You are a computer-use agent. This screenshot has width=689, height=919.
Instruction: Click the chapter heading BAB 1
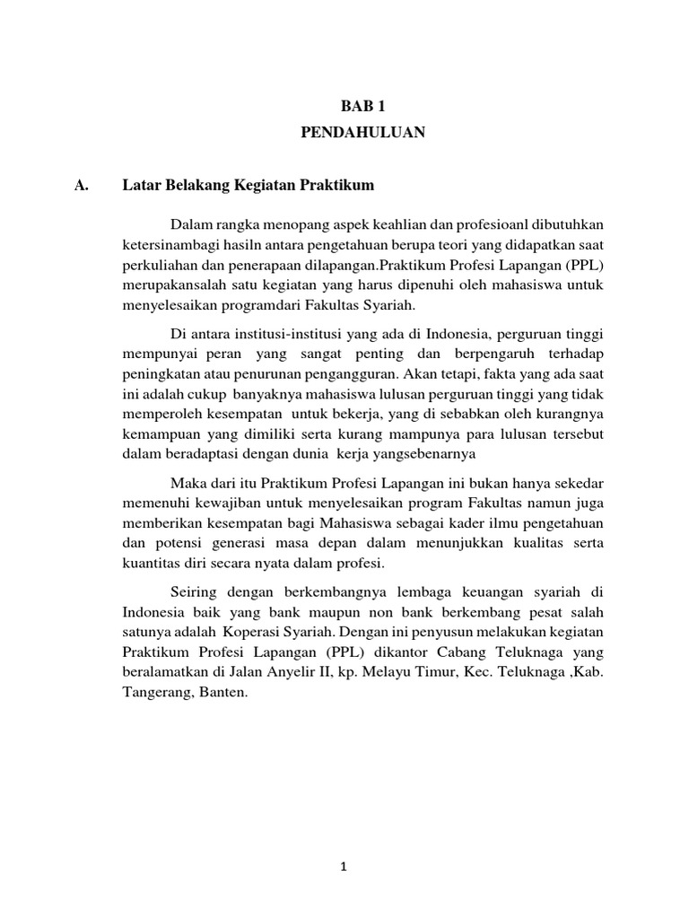pyautogui.click(x=362, y=106)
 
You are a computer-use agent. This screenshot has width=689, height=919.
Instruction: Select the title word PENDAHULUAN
pyautogui.click(x=362, y=133)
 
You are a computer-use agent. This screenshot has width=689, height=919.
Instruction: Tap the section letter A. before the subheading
pyautogui.click(x=83, y=186)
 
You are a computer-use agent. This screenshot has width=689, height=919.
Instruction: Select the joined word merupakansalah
pyautogui.click(x=172, y=286)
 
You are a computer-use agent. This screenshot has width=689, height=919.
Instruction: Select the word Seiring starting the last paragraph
pyautogui.click(x=194, y=593)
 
